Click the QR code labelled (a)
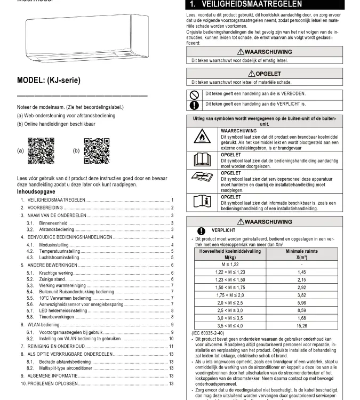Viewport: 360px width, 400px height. [x=41, y=151]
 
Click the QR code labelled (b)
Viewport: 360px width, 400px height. [x=97, y=151]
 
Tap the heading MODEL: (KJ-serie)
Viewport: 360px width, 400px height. [x=49, y=81]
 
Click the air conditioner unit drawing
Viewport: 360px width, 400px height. [x=83, y=38]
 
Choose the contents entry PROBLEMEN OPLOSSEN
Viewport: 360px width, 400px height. [x=53, y=383]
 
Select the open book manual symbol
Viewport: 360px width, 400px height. [x=202, y=160]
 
